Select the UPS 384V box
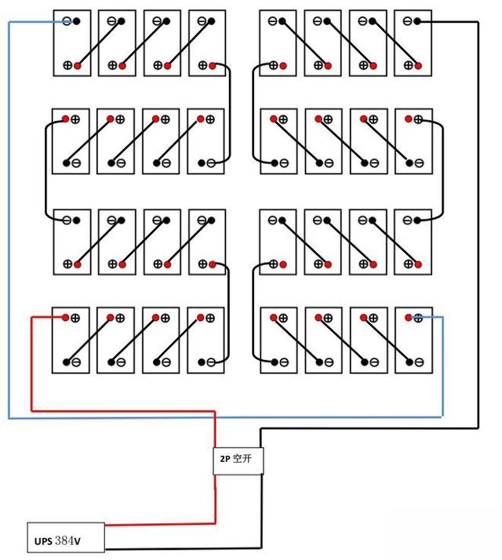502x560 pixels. pyautogui.click(x=65, y=540)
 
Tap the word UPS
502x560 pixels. pyautogui.click(x=42, y=541)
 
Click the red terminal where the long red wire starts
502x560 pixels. pyautogui.click(x=65, y=318)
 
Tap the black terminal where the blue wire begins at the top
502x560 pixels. pyautogui.click(x=77, y=21)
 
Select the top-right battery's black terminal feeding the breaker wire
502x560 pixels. pyautogui.click(x=417, y=21)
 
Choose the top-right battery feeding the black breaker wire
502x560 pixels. pyautogui.click(x=412, y=43)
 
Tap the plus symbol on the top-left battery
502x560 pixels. pyautogui.click(x=67, y=65)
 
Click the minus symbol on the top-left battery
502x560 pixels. pyautogui.click(x=67, y=21)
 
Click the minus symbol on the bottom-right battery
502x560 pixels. pyautogui.click(x=419, y=362)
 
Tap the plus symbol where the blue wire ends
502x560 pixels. pyautogui.click(x=419, y=318)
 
